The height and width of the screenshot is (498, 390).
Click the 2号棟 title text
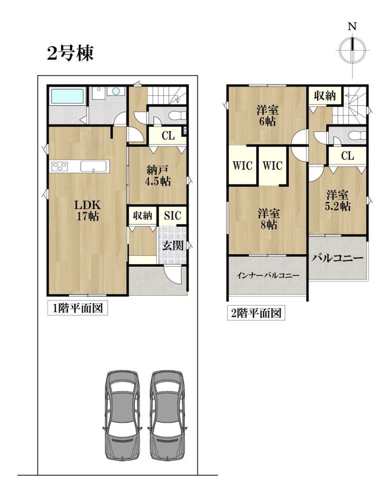[x=70, y=53]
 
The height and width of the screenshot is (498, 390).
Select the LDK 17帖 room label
[x=87, y=210]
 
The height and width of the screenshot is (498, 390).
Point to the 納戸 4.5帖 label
[x=158, y=175]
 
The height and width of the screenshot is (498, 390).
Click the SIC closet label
[x=172, y=216]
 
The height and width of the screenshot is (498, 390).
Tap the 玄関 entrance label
[x=173, y=245]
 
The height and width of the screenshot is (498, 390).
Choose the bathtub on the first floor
[x=67, y=96]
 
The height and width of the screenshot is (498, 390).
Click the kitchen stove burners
[x=60, y=167]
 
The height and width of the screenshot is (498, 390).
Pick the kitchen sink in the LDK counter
[x=93, y=167]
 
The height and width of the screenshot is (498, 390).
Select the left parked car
[x=123, y=415]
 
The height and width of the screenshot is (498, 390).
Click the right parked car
[x=167, y=415]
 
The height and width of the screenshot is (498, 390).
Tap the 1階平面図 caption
[x=77, y=308]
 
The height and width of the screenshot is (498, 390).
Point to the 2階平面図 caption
[x=256, y=313]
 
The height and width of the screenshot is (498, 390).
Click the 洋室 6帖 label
[x=267, y=115]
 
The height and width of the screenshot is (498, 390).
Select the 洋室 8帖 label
[x=269, y=219]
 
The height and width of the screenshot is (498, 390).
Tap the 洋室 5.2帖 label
[x=337, y=200]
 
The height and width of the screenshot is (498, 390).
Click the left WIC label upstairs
[x=242, y=165]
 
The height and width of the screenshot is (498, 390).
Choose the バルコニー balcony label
[x=337, y=258]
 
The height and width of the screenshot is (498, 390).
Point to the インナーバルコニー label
[x=267, y=276]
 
